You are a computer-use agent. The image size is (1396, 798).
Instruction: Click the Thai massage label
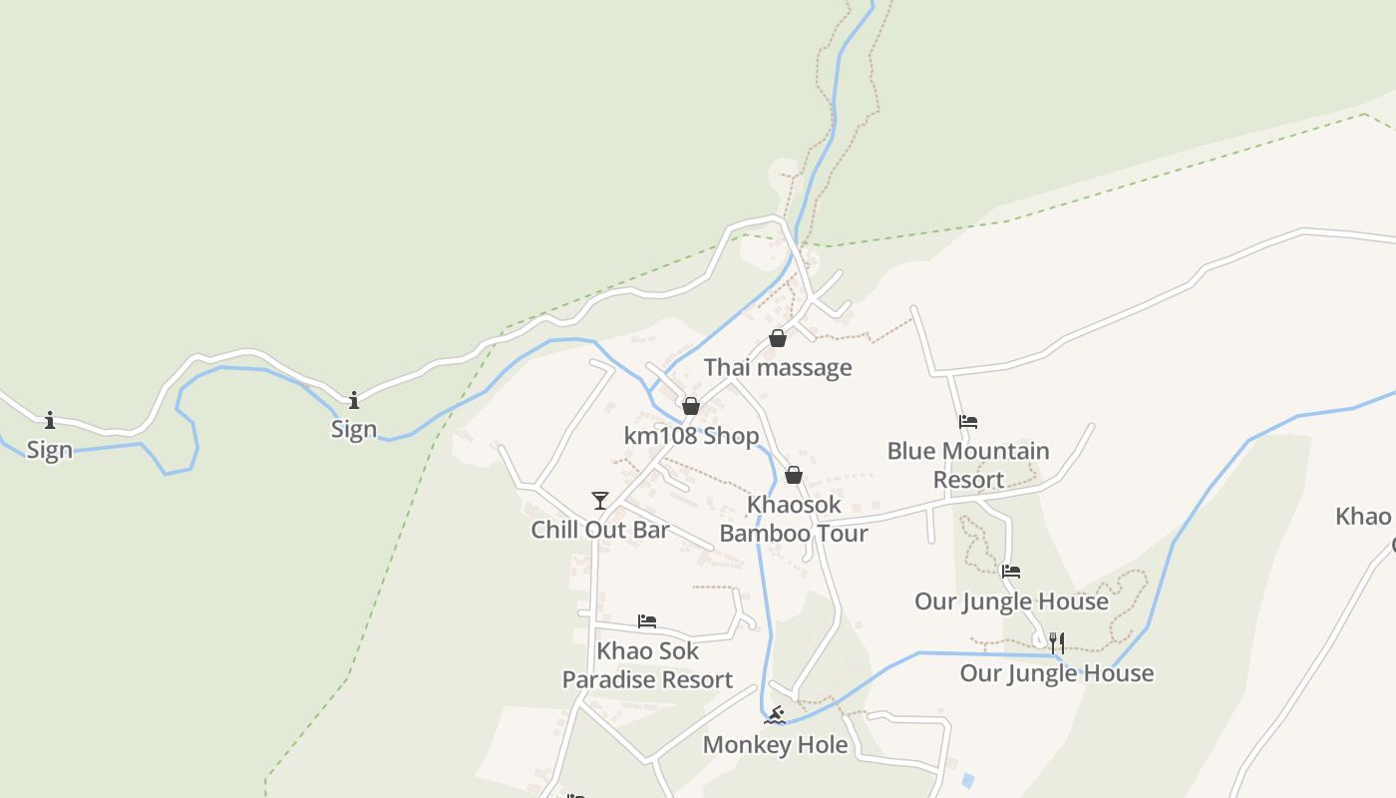(778, 367)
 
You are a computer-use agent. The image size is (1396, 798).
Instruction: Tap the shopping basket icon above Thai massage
(778, 339)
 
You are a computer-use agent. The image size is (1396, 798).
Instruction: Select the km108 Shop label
(691, 436)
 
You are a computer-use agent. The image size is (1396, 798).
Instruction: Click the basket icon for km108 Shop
(690, 406)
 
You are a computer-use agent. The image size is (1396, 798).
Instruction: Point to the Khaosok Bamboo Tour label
(794, 519)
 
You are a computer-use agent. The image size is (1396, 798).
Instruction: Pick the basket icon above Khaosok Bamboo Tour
(794, 475)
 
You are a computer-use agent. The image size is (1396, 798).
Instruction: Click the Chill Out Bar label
(599, 529)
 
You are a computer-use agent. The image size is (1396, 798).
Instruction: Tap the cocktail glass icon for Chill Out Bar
(599, 500)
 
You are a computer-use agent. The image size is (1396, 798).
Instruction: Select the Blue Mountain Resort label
(968, 465)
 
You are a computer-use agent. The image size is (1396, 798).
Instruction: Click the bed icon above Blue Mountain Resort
(967, 422)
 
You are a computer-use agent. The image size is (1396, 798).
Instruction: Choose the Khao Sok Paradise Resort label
(647, 665)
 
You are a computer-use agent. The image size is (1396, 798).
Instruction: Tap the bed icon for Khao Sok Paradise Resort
(647, 621)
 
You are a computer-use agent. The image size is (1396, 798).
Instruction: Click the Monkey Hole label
(775, 744)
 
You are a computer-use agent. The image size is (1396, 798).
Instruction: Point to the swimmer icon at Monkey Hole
(775, 715)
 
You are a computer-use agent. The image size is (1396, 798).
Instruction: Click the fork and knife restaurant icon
(1057, 643)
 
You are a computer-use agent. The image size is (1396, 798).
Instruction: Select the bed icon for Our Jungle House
(1011, 572)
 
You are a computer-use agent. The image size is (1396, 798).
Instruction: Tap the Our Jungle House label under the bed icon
(1011, 601)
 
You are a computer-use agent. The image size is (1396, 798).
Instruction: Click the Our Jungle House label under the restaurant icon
(1056, 673)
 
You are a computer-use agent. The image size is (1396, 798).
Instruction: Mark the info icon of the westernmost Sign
(50, 421)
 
